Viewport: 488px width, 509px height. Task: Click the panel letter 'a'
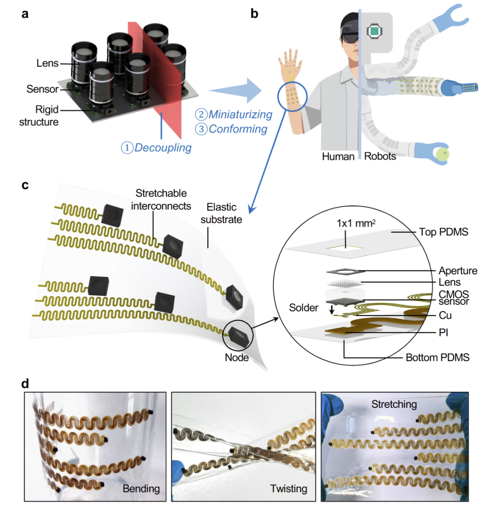coord(25,14)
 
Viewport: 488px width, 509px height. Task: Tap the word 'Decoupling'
coord(163,148)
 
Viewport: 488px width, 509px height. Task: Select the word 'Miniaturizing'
coord(240,114)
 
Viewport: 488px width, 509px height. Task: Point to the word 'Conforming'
coord(238,129)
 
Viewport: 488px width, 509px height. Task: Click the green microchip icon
coord(374,31)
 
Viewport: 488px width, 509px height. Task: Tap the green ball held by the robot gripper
coord(442,154)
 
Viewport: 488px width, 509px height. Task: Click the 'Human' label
coord(338,156)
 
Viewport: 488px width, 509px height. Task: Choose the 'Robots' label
coord(380,156)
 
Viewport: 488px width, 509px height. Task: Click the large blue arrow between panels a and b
coord(235,90)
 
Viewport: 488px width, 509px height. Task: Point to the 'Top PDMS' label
coord(444,232)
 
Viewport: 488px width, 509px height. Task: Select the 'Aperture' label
coord(458,271)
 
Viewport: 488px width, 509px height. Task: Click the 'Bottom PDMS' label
coord(437,358)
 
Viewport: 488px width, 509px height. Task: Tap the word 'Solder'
coord(304,308)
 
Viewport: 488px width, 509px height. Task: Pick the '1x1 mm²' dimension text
coord(356,223)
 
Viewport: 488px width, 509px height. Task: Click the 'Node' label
coord(237,358)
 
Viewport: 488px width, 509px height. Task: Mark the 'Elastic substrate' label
coord(221,213)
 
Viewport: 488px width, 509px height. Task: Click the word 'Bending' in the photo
coord(141,489)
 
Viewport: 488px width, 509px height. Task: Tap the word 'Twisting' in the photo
coord(289,489)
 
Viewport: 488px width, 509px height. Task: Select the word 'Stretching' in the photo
coord(394,405)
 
